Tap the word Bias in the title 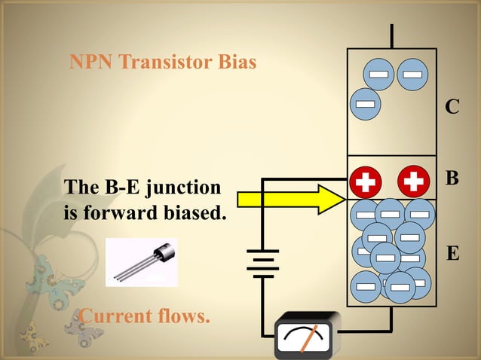237,62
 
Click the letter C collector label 452,108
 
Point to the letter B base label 452,179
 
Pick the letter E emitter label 452,254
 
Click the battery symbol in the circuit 263,264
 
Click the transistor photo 141,262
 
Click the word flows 181,316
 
